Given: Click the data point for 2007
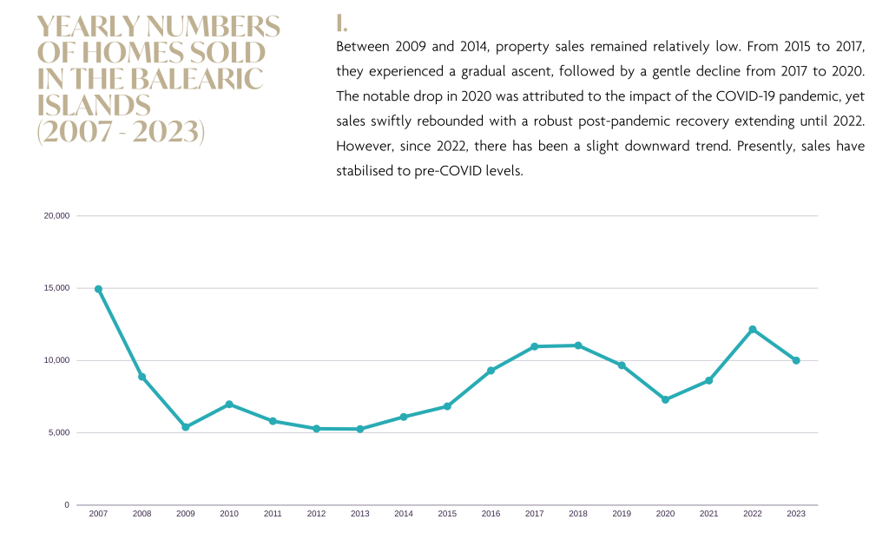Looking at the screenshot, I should point(98,289).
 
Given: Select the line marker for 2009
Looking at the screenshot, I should point(185,427).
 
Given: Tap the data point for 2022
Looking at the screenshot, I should point(753,329).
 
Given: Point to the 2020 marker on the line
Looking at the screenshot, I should point(665,399).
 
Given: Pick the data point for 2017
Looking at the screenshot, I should point(535,346).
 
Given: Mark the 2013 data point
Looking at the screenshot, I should point(359,429).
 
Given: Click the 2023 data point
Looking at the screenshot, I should point(796,360).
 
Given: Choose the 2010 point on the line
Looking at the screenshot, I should point(229,404).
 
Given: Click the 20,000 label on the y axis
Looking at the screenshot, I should point(56,215).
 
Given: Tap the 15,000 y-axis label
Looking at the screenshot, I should point(56,288).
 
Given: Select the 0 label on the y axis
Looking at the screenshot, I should point(67,504).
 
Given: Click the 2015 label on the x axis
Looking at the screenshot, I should point(447,514).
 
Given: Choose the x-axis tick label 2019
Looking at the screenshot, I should point(622,514).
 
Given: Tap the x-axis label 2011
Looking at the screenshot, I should point(273,514).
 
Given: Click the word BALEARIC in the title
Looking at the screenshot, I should point(197,79).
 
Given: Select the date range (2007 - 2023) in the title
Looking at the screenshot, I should point(121,133).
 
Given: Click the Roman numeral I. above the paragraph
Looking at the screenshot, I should point(341,23).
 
